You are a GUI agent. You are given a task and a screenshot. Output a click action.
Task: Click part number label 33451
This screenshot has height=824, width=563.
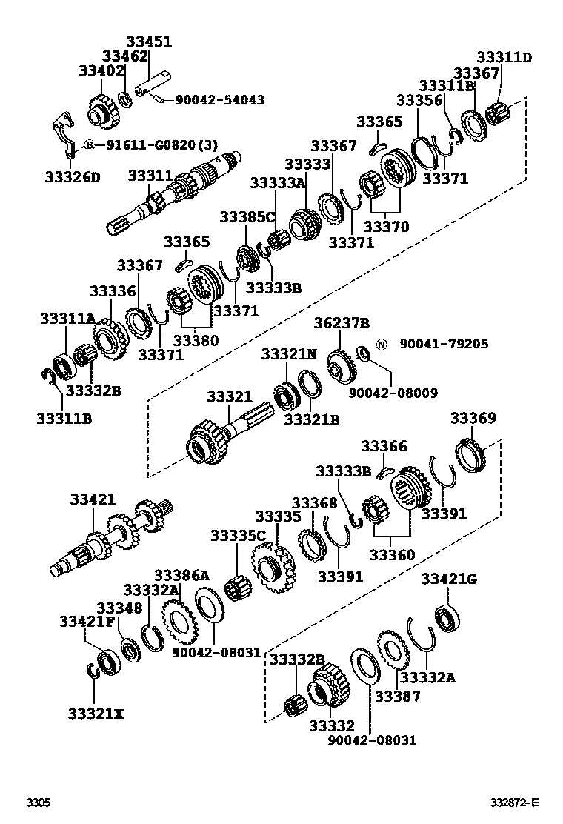[148, 42]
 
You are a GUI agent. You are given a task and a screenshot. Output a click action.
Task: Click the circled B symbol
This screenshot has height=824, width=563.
[89, 145]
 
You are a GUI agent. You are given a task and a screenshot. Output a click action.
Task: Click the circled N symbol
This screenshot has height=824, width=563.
[382, 344]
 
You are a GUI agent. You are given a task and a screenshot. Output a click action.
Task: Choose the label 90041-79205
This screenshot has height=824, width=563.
[443, 344]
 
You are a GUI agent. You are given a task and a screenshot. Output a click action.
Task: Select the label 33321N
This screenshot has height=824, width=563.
[288, 354]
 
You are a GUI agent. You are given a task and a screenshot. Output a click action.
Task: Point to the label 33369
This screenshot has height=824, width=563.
[473, 419]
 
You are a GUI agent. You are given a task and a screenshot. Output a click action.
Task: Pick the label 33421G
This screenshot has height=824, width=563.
[449, 579]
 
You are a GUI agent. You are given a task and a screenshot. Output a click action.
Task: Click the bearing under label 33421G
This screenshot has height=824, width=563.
[447, 619]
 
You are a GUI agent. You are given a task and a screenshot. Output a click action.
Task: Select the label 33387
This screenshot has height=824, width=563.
[397, 696]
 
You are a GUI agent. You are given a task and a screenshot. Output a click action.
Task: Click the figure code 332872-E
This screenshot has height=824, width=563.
[513, 803]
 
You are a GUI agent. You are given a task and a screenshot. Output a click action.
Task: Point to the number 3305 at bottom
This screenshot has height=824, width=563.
[39, 803]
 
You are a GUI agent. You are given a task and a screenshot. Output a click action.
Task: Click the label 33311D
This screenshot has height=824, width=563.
[504, 57]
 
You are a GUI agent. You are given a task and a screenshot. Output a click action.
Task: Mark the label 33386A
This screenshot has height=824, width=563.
[181, 575]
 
